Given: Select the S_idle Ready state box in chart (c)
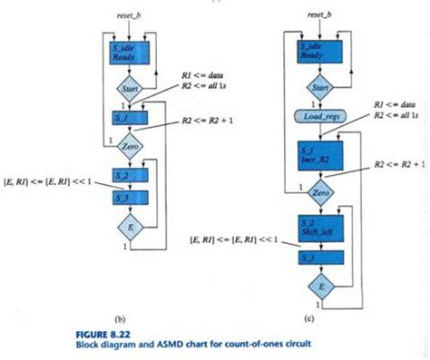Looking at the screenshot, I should click(x=321, y=50).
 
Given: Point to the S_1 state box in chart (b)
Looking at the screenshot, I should click(x=128, y=118).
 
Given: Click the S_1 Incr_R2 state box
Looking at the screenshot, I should click(x=322, y=151).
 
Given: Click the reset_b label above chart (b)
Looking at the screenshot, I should click(x=127, y=15).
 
